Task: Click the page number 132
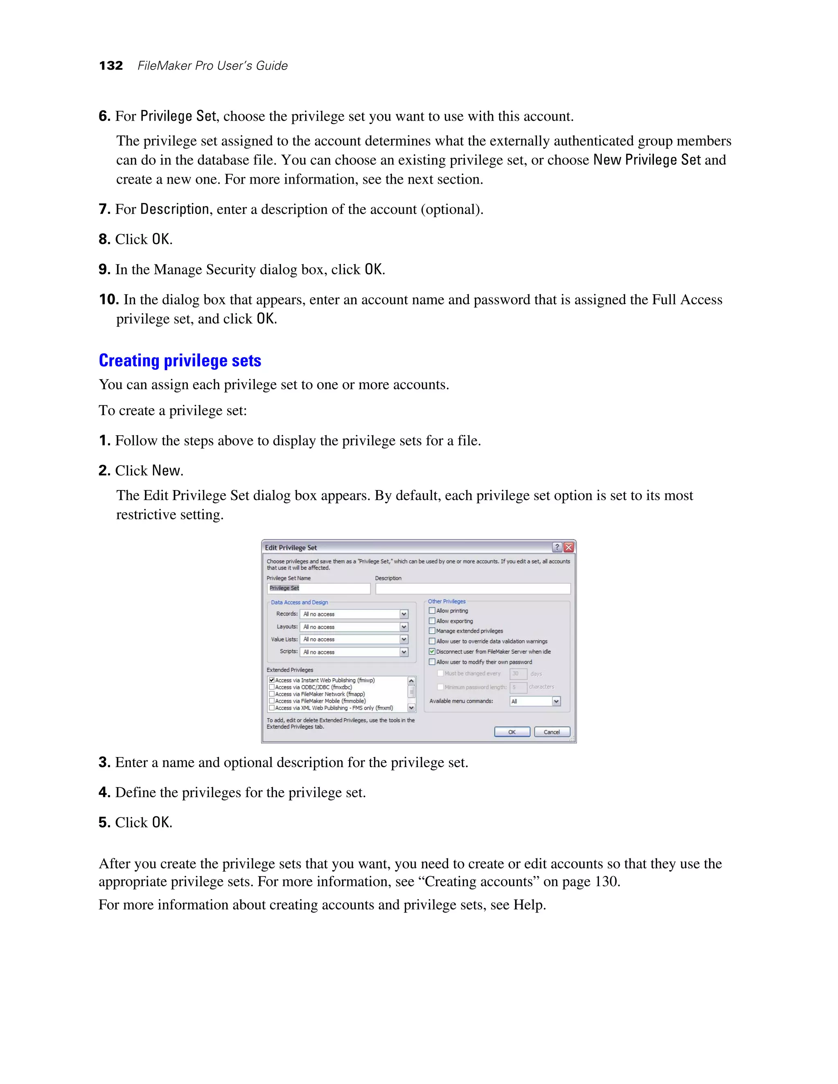tap(111, 65)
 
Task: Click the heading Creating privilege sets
tap(180, 360)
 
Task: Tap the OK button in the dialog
tap(512, 732)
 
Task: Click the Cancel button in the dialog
tap(552, 732)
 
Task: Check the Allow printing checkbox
tap(432, 610)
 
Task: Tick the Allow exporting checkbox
tap(432, 621)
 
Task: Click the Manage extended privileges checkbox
tap(432, 631)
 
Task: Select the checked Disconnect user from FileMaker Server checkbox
tap(432, 652)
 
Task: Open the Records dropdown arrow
tap(403, 614)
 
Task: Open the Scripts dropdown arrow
tap(403, 652)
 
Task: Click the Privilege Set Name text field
tap(319, 588)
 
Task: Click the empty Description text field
tap(473, 589)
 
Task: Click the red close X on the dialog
tap(569, 547)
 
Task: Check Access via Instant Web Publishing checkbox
tap(272, 680)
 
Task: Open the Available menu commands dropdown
tap(556, 701)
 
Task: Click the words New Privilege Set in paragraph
tap(647, 160)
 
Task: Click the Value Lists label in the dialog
tap(284, 639)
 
